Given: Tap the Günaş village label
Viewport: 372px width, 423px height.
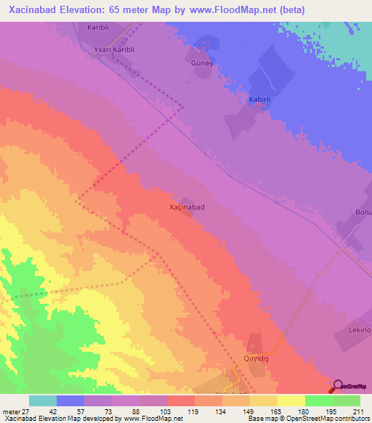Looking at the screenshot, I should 202,64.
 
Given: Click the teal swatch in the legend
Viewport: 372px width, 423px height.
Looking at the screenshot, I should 43,400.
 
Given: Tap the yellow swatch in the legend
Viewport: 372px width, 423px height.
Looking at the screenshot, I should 291,400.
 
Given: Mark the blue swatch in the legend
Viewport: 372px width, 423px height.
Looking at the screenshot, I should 70,400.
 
